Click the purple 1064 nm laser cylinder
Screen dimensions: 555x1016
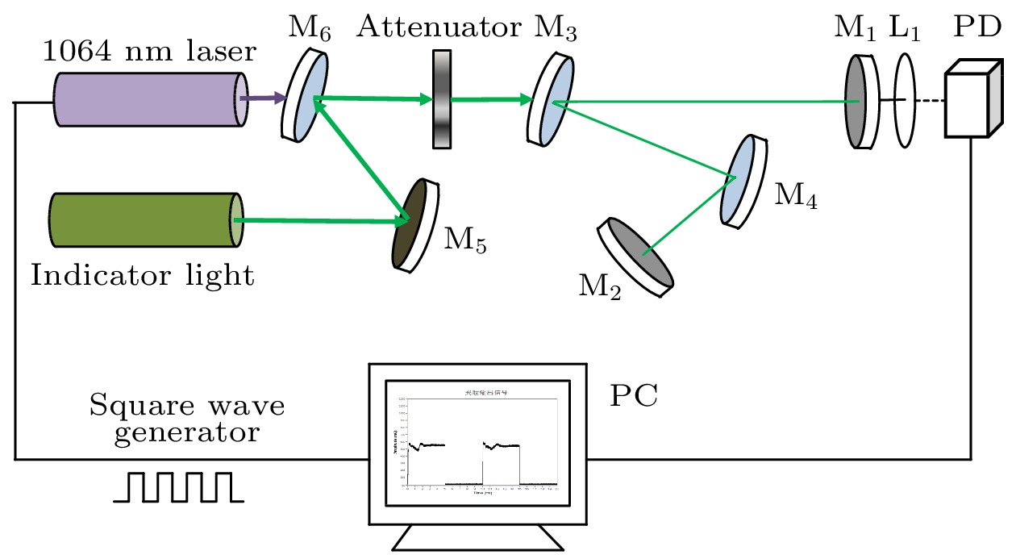coord(150,99)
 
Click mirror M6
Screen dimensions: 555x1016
coord(306,95)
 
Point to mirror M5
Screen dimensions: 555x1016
coord(415,225)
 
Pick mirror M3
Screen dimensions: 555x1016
coord(552,99)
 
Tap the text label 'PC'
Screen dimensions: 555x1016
coord(634,397)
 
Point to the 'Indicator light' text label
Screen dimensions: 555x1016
coord(143,277)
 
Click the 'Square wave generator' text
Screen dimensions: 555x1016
coord(187,419)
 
